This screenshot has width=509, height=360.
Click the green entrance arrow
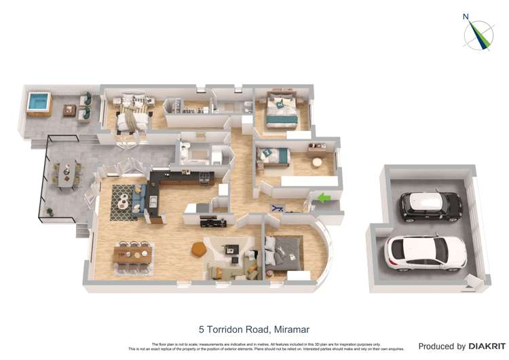(x=325, y=198)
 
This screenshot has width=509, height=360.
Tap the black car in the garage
(x=430, y=206)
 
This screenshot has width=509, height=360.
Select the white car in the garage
(x=426, y=253)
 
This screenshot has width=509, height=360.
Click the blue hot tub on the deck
(x=38, y=103)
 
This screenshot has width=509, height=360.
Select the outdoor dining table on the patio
(x=65, y=175)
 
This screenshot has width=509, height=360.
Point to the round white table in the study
(x=317, y=162)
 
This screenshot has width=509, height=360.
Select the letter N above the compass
(x=466, y=17)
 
